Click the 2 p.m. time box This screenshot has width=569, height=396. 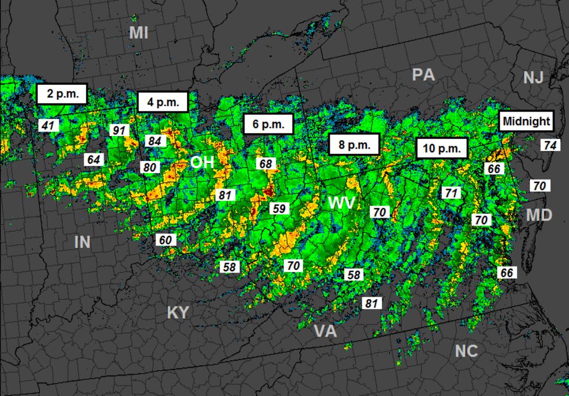point(62,93)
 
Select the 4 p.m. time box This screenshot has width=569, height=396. point(163,102)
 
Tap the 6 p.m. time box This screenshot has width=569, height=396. point(268,124)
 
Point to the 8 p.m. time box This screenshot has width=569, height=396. point(354,145)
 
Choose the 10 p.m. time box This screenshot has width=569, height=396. point(442,148)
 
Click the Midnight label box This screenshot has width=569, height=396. point(526,121)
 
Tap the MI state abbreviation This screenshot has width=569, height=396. point(138,33)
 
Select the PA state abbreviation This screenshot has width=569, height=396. point(423,75)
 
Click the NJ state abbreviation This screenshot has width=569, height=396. point(533,78)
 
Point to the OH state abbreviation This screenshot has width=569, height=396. point(202,163)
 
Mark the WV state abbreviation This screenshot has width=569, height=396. point(341,203)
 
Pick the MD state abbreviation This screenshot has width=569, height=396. point(539,215)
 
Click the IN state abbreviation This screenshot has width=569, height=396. point(82,242)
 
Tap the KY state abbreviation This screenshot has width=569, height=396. point(178,312)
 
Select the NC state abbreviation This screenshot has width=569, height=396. point(466,351)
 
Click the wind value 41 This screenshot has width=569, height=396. point(48,125)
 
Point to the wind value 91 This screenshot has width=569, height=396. point(119,130)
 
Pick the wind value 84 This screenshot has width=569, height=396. point(154,141)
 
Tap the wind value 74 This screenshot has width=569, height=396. point(550,145)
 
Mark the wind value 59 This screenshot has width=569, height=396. point(280,208)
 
